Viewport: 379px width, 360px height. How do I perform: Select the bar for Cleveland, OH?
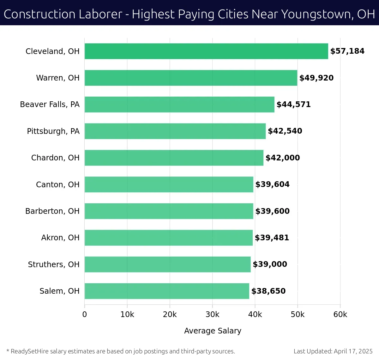pyautogui.click(x=206, y=51)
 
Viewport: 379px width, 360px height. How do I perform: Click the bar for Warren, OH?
pyautogui.click(x=191, y=78)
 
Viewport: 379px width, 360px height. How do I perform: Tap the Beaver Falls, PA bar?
pyautogui.click(x=179, y=105)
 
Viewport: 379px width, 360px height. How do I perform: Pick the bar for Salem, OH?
pyautogui.click(x=167, y=291)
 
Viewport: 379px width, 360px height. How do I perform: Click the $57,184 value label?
pyautogui.click(x=347, y=51)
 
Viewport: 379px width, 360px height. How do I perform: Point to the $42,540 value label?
pyautogui.click(x=285, y=131)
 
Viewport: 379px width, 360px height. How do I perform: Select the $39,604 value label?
pyautogui.click(x=272, y=184)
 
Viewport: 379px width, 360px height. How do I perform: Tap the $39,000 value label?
pyautogui.click(x=270, y=264)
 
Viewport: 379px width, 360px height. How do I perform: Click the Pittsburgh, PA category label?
pyautogui.click(x=53, y=131)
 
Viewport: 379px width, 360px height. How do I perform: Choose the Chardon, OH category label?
pyautogui.click(x=55, y=158)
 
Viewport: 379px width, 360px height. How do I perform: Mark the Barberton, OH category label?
pyautogui.click(x=52, y=211)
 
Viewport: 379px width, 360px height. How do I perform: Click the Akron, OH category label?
pyautogui.click(x=60, y=238)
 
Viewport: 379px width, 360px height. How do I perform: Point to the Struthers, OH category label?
pyautogui.click(x=54, y=264)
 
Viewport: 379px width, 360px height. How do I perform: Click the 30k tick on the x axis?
pyautogui.click(x=213, y=315)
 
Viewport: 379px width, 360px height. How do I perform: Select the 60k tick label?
pyautogui.click(x=340, y=315)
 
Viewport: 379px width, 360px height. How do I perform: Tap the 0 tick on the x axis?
pyautogui.click(x=85, y=315)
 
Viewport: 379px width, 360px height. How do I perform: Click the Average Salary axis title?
pyautogui.click(x=213, y=331)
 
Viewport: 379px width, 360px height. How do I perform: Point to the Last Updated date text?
pyautogui.click(x=333, y=351)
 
